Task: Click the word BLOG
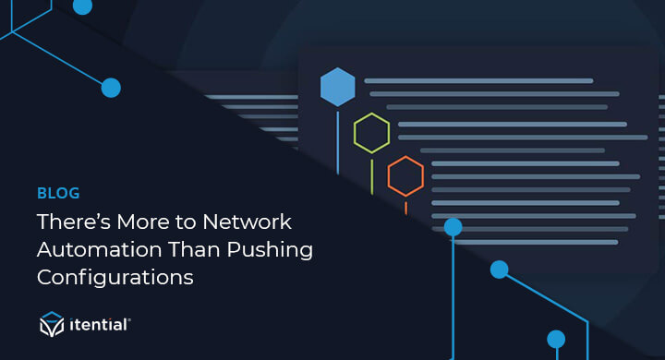(58, 193)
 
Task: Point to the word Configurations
(115, 277)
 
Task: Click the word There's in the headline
(70, 222)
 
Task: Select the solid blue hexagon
(337, 88)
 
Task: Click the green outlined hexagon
(371, 133)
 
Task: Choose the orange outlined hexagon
(405, 175)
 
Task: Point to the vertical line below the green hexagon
(371, 175)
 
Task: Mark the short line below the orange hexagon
(405, 206)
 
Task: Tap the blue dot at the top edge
(82, 6)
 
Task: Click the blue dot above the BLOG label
(111, 88)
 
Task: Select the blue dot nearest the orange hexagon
(453, 226)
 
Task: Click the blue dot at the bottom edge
(555, 339)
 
